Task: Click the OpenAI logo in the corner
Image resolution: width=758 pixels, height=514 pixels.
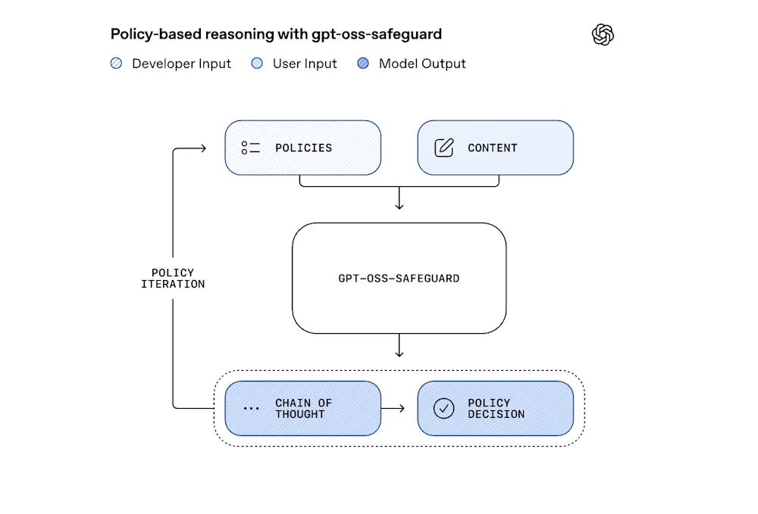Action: click(603, 35)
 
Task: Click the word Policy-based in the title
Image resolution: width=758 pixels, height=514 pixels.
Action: click(149, 34)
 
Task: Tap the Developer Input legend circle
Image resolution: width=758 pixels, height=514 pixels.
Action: click(116, 64)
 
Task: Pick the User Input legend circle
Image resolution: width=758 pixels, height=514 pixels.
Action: click(257, 64)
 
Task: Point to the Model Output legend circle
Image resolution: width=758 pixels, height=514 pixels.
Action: click(363, 64)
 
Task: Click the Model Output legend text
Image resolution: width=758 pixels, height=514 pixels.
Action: click(422, 64)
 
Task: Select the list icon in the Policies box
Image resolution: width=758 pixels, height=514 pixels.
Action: click(250, 148)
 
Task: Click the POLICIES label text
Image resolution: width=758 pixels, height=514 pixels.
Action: click(303, 148)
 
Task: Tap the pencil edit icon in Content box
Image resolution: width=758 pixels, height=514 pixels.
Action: click(443, 148)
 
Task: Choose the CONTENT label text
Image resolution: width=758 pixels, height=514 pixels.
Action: click(492, 148)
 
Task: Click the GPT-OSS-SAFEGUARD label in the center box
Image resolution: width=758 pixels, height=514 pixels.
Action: click(399, 279)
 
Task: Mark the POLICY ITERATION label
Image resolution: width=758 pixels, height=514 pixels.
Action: click(173, 279)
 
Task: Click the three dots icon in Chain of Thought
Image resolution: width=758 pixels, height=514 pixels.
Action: click(251, 409)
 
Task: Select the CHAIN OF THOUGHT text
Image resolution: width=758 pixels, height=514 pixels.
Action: click(303, 409)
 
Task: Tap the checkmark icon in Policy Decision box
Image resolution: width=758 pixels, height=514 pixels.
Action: click(443, 409)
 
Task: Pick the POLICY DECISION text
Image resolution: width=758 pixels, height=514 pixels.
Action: click(496, 409)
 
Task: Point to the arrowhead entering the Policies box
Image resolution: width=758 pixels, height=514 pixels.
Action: click(202, 148)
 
